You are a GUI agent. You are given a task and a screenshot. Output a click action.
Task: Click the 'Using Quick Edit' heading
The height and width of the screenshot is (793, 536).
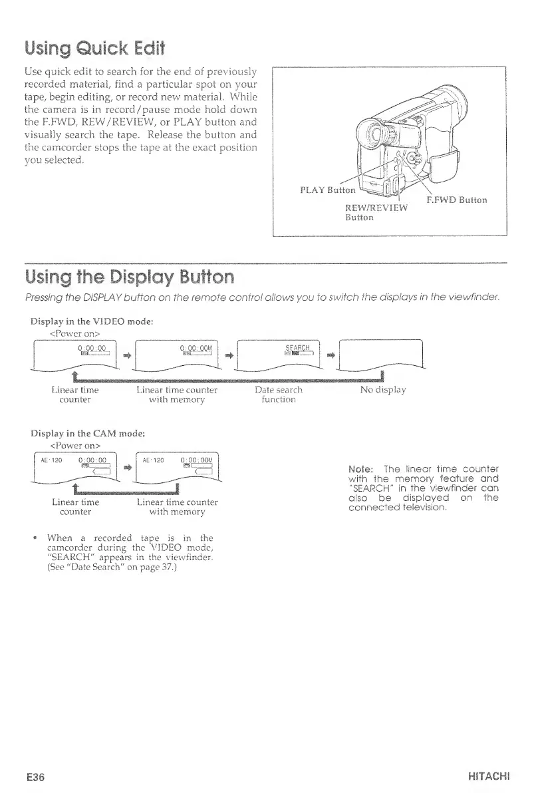(x=94, y=48)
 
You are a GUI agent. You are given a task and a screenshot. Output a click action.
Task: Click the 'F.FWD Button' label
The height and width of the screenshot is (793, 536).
(x=456, y=199)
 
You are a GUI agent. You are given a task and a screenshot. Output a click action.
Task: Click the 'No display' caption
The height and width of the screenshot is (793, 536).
(x=382, y=390)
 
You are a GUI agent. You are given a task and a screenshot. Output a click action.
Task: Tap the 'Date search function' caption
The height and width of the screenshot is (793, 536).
(x=278, y=395)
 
